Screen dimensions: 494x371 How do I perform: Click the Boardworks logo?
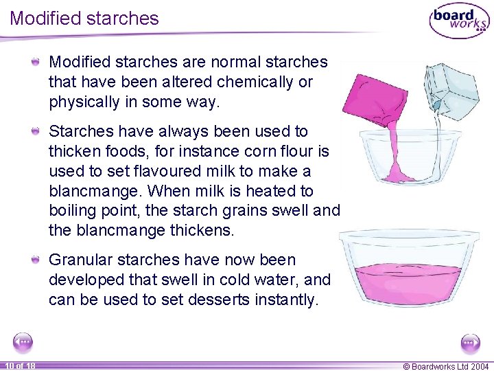pyautogui.click(x=460, y=21)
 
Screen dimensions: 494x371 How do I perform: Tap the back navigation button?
pyautogui.click(x=23, y=342)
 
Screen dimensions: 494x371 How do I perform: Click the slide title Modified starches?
pyautogui.click(x=84, y=18)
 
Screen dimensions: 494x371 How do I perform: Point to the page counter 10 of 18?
pyautogui.click(x=21, y=366)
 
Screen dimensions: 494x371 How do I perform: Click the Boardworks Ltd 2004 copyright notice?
pyautogui.click(x=446, y=366)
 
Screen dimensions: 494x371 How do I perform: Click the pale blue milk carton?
pyautogui.click(x=451, y=91)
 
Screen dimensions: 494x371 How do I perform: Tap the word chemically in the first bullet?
pyautogui.click(x=255, y=82)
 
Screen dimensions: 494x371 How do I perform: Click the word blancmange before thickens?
pyautogui.click(x=121, y=231)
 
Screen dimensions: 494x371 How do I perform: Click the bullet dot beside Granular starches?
pyautogui.click(x=36, y=260)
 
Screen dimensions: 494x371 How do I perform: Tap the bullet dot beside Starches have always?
pyautogui.click(x=36, y=131)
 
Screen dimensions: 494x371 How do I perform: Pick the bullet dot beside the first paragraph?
pyautogui.click(x=36, y=61)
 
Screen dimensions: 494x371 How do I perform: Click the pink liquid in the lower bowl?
pyautogui.click(x=409, y=284)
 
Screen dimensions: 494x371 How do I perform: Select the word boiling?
pyautogui.click(x=72, y=211)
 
